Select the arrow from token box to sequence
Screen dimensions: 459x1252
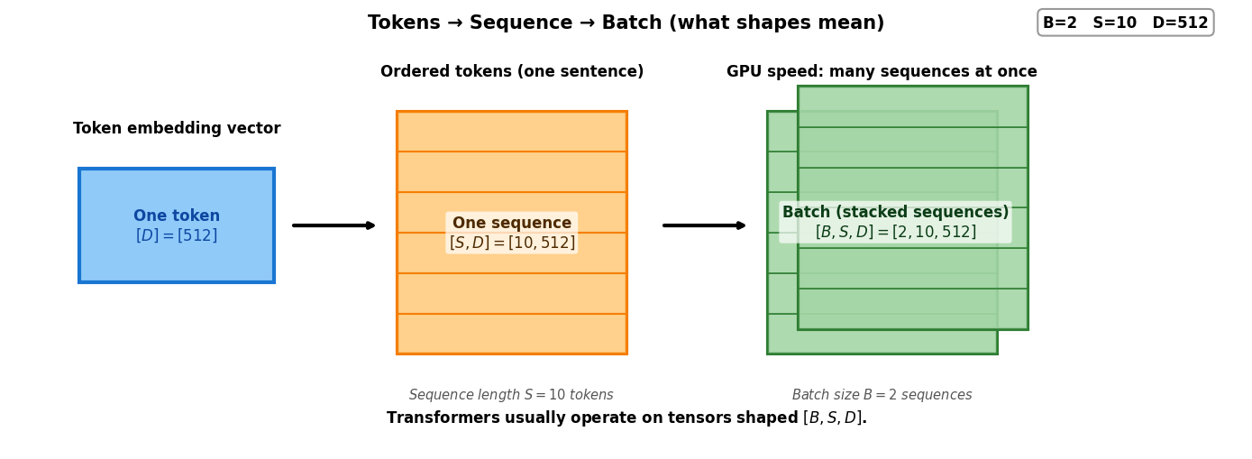coord(334,225)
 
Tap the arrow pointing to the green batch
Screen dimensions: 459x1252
coord(704,225)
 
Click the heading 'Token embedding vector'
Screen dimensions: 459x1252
coord(177,129)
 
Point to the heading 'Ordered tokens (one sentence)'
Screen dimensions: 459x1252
coord(512,72)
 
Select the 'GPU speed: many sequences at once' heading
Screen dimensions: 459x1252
coord(882,72)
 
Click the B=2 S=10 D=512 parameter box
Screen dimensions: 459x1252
coord(1125,23)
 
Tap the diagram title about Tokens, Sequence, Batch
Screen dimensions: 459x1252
coord(626,23)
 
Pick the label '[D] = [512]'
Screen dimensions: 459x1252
coord(177,236)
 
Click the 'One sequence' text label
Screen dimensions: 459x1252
coord(512,223)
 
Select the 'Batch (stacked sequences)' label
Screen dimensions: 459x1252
coord(895,213)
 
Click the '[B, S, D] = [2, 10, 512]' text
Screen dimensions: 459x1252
coord(895,233)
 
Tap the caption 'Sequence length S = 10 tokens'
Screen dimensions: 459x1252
coord(511,395)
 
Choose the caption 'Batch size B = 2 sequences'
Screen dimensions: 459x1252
coord(882,395)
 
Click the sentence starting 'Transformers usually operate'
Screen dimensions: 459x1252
coord(626,418)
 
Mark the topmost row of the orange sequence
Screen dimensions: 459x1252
coord(512,132)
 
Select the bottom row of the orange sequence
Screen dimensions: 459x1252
coord(512,334)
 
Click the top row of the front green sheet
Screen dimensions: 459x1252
coord(912,106)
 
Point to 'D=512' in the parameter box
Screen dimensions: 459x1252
coord(1180,23)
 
